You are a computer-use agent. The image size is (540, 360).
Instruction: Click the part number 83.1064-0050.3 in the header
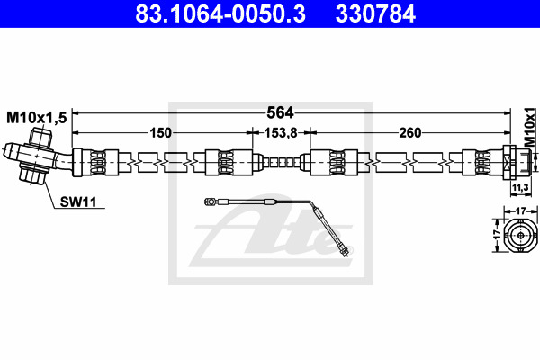220,13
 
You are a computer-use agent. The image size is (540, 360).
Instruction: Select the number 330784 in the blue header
375,13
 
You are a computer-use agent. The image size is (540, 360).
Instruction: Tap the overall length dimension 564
280,112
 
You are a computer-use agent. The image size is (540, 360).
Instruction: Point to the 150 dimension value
160,132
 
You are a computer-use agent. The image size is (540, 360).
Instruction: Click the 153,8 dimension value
280,132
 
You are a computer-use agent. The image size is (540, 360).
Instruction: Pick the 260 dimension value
409,132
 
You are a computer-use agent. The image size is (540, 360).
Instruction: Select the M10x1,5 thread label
37,118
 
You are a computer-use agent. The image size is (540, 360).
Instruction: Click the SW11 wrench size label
78,202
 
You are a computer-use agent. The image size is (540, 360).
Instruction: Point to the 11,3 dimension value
520,188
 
